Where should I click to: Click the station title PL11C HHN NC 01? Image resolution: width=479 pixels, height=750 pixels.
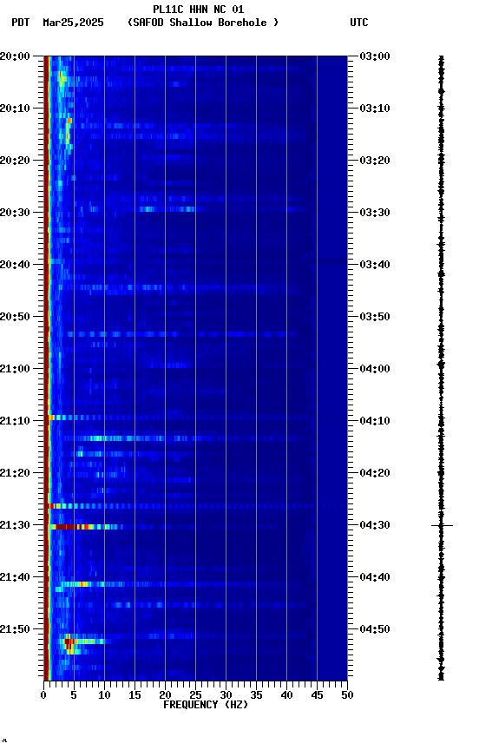(x=198, y=10)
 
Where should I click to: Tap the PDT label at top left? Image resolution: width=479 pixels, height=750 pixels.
(x=21, y=23)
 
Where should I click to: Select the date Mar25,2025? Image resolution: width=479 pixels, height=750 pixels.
(x=73, y=23)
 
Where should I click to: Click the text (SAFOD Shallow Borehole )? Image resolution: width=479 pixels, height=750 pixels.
(x=203, y=23)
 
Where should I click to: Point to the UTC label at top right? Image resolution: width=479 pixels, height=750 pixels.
(x=359, y=23)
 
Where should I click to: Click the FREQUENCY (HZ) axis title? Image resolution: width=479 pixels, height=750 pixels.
(x=205, y=705)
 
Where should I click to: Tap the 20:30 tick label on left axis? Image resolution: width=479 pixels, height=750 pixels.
(x=16, y=213)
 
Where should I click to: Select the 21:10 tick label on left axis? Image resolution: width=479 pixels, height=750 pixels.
(x=16, y=421)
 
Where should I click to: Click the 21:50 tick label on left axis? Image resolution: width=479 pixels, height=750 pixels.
(x=16, y=629)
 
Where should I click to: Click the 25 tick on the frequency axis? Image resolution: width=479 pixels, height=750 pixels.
(x=195, y=694)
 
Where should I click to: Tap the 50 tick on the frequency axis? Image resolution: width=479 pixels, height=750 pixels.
(x=347, y=694)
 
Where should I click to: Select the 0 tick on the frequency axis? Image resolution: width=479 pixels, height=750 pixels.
(x=43, y=694)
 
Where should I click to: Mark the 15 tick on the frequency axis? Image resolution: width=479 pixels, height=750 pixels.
(x=135, y=694)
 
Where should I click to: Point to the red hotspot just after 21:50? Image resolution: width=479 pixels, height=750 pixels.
(x=69, y=642)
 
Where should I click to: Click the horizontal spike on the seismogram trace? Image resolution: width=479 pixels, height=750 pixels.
(x=442, y=525)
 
